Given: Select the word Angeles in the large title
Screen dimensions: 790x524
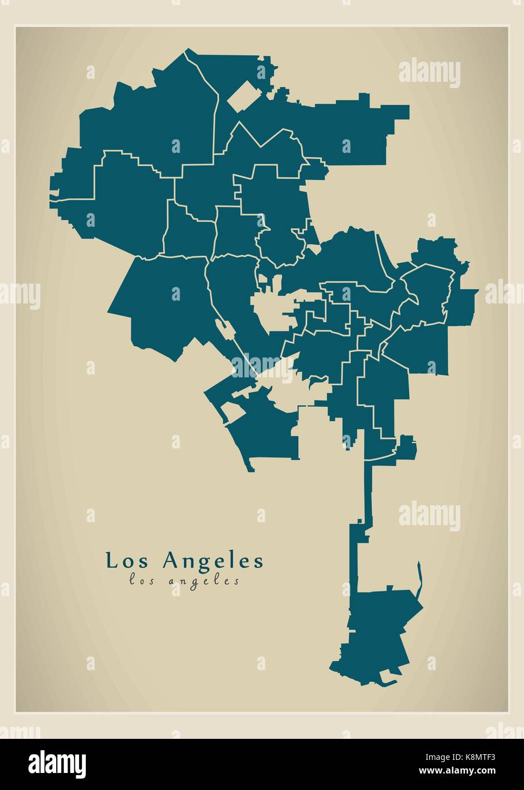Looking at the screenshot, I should click(x=214, y=561).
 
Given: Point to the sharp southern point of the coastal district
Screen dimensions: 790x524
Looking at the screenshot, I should click(x=250, y=469).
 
